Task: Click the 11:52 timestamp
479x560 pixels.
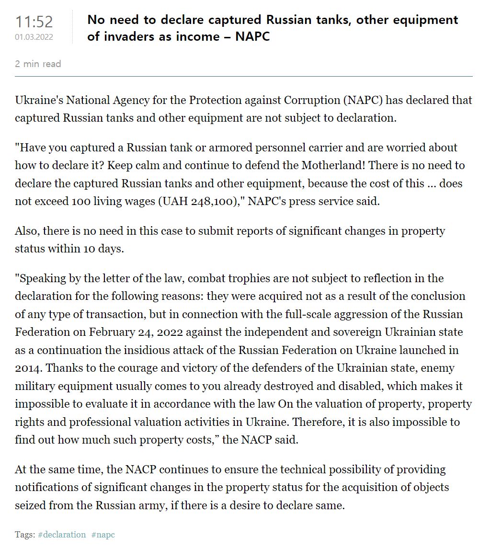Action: tap(34, 22)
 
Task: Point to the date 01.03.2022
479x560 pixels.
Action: tap(34, 37)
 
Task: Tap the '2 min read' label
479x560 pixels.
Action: tap(38, 64)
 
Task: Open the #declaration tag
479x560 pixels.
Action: tap(62, 534)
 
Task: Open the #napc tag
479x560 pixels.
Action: tap(103, 534)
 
